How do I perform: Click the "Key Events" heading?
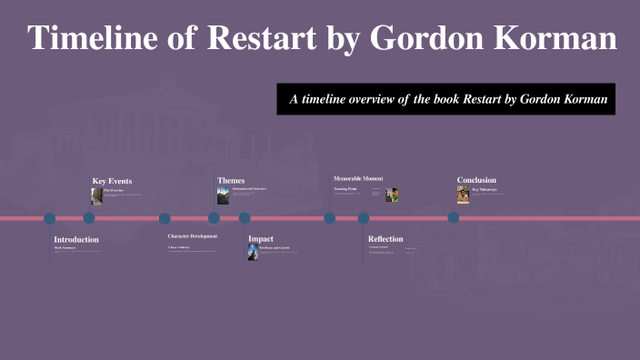[112, 181]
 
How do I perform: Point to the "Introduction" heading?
[76, 239]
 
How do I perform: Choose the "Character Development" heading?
[192, 236]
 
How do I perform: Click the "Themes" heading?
[231, 180]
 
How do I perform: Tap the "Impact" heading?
[261, 238]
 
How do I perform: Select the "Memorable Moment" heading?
[358, 178]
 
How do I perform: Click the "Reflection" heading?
[385, 238]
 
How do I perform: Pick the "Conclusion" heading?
[476, 180]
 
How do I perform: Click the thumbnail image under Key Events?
[96, 195]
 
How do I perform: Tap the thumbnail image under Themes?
[223, 195]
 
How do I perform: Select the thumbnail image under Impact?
[253, 252]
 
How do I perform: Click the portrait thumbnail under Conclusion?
[463, 195]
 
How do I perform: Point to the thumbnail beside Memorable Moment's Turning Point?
[392, 195]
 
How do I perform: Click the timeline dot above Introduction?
[50, 218]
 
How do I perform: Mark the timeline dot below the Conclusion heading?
[453, 218]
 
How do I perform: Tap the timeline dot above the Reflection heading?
[364, 218]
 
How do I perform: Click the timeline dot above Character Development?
[165, 218]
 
